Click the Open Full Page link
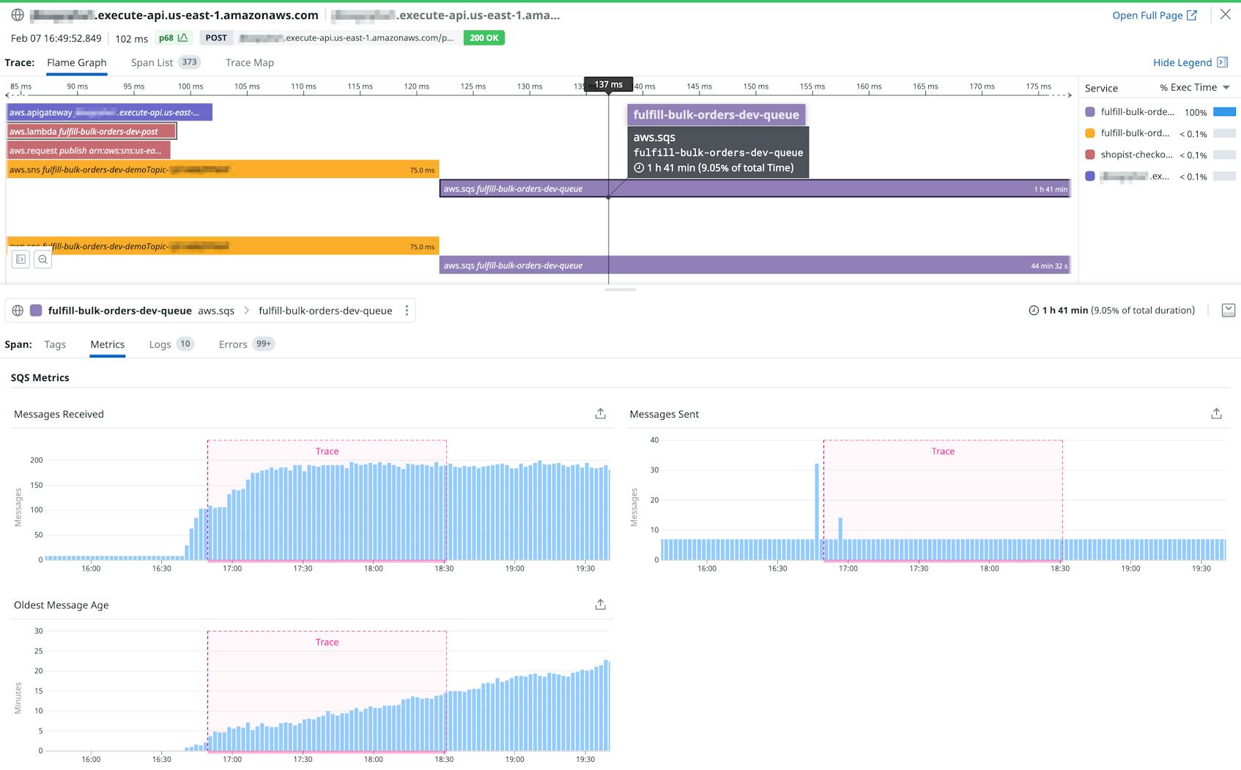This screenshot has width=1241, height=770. [x=1154, y=15]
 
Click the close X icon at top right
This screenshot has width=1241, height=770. [x=1225, y=15]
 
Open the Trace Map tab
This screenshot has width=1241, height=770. [x=249, y=62]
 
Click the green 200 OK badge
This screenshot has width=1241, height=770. [x=484, y=38]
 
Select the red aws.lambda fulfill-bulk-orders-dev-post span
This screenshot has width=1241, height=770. [x=92, y=131]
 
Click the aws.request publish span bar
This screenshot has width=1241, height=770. [x=88, y=150]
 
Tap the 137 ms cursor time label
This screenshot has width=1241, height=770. [x=608, y=85]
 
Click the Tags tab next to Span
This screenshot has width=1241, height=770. [x=55, y=344]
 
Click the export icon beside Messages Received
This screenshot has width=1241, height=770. [x=600, y=414]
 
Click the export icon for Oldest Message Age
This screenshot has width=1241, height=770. [x=600, y=604]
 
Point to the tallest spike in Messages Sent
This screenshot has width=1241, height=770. [x=817, y=506]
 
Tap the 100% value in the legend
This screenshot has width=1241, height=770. [x=1195, y=112]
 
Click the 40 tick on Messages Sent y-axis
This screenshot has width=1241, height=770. [x=654, y=440]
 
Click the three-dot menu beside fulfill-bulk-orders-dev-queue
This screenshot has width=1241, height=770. [x=407, y=311]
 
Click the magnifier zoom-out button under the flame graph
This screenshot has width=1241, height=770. [x=42, y=259]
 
